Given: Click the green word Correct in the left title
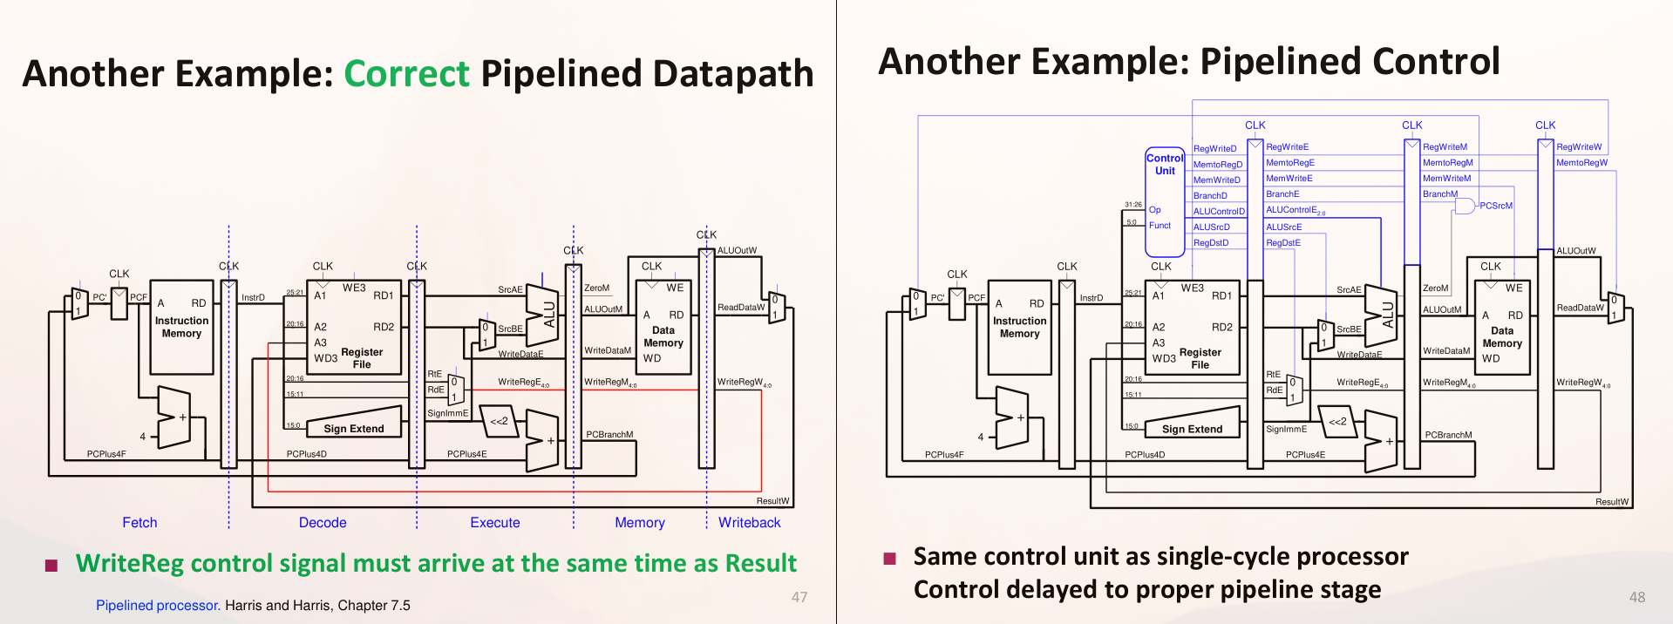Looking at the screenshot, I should [x=406, y=74].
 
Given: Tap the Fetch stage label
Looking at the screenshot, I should [x=139, y=522].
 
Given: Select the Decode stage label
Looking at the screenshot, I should [x=323, y=522].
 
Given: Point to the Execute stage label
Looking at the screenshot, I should [x=494, y=522].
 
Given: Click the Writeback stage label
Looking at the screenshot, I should [x=749, y=522].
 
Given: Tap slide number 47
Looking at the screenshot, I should [x=799, y=597].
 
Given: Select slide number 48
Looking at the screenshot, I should [x=1636, y=597].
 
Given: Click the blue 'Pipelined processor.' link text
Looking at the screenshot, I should [x=158, y=605].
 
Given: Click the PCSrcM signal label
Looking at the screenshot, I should [x=1496, y=206].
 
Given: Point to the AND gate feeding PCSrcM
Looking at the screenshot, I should [x=1465, y=206].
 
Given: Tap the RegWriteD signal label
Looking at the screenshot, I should [x=1214, y=149].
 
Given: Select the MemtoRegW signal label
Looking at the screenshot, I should [x=1581, y=163].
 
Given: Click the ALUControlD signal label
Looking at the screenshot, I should [x=1219, y=212].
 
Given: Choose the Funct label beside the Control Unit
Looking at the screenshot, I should [x=1160, y=226].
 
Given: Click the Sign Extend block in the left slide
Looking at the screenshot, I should [x=353, y=424].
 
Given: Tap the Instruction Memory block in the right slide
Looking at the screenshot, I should [x=1019, y=327].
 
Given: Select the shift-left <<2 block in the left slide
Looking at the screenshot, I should [x=498, y=421].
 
